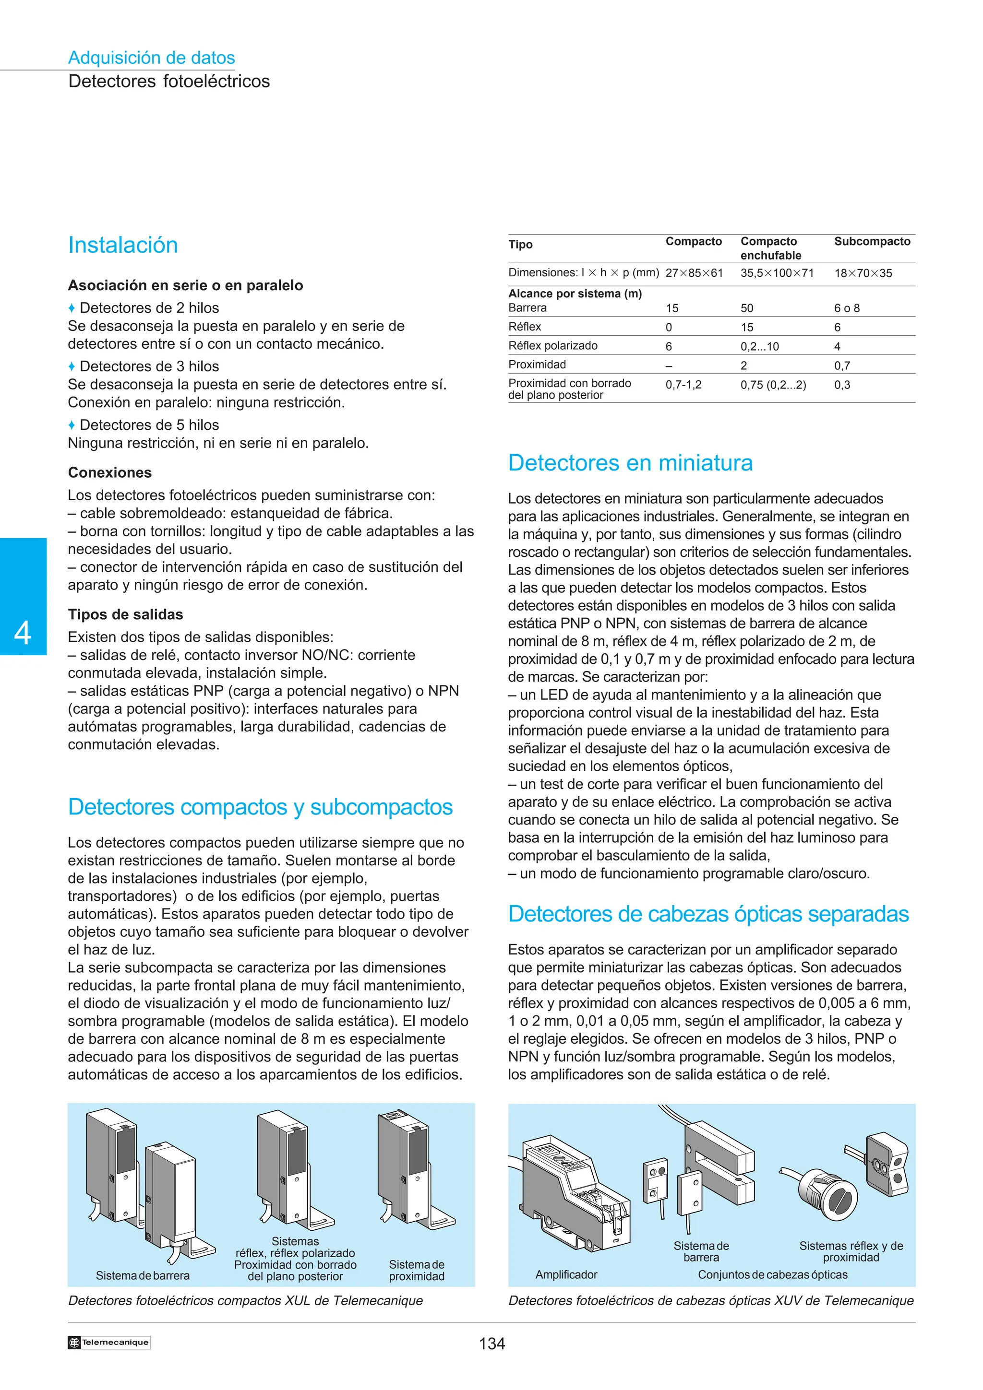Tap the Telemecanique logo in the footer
(x=108, y=1342)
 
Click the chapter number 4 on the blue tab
(x=23, y=633)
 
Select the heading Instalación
(x=123, y=245)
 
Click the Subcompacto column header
(x=872, y=242)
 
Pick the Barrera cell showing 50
(x=747, y=308)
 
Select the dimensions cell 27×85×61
(x=694, y=273)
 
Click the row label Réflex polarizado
(x=552, y=346)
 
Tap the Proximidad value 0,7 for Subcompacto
(x=842, y=365)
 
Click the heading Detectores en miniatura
(x=630, y=463)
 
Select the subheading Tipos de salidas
(x=125, y=614)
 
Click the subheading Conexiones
(x=109, y=473)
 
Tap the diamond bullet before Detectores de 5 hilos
(x=72, y=425)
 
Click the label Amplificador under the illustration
(x=566, y=1274)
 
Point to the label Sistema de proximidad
(x=416, y=1270)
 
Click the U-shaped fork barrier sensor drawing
(x=721, y=1162)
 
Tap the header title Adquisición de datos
(x=151, y=58)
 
